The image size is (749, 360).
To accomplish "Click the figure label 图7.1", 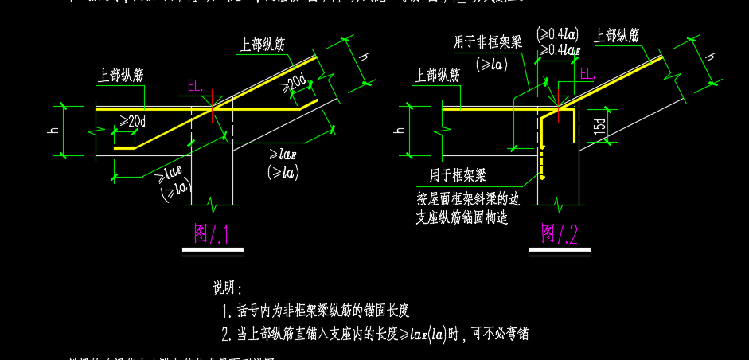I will click(211, 234).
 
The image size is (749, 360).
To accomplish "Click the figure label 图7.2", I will click(560, 233).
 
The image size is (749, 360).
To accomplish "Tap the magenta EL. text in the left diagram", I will click(195, 85).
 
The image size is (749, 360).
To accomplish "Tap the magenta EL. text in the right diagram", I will click(587, 74).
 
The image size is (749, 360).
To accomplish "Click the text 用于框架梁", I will click(458, 174).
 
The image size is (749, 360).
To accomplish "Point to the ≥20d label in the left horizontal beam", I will click(133, 121).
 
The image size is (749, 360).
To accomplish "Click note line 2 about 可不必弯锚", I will click(374, 335).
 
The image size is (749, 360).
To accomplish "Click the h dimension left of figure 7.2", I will click(398, 130).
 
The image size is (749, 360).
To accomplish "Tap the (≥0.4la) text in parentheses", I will click(557, 33).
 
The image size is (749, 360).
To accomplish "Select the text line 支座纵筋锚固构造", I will click(462, 217).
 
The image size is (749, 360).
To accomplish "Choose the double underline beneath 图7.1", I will click(212, 252).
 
